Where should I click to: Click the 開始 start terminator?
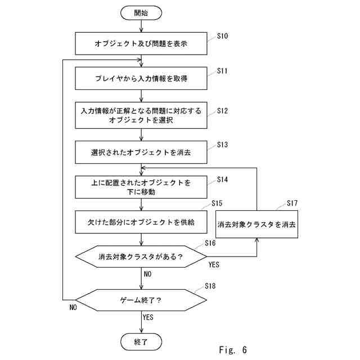[x=141, y=13]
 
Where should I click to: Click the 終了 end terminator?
[x=141, y=341]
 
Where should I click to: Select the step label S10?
[x=222, y=36]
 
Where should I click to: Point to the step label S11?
[x=222, y=71]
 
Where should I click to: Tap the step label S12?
[x=222, y=111]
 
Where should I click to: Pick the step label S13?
[x=222, y=145]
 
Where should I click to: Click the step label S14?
[x=222, y=179]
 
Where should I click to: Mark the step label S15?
[x=217, y=203]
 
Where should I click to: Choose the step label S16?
[x=210, y=243]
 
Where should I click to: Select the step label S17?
[x=292, y=203]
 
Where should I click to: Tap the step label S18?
[x=210, y=286]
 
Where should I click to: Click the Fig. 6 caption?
[x=233, y=350]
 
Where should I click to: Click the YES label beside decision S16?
[x=214, y=265]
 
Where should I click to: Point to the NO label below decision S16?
[x=147, y=274]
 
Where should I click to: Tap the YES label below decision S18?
[x=147, y=317]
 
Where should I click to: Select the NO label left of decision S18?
[x=73, y=308]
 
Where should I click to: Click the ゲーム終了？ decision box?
[x=141, y=300]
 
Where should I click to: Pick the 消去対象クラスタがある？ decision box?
[x=141, y=256]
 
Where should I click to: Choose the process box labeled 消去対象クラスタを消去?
[x=256, y=224]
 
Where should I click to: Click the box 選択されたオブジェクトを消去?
[x=141, y=152]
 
